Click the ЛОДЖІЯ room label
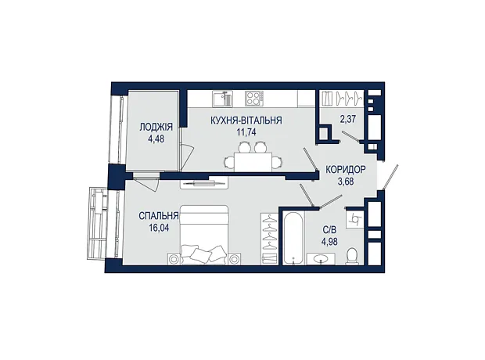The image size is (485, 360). click(x=156, y=127)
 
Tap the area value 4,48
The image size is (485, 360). click(x=156, y=139)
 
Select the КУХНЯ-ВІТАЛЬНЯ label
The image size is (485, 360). click(x=246, y=120)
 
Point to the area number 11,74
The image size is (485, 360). click(x=246, y=132)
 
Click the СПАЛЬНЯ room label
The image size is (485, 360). click(x=159, y=216)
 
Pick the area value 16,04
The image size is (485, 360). click(x=159, y=229)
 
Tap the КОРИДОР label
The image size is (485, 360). click(x=346, y=169)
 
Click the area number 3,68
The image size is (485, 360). click(x=346, y=182)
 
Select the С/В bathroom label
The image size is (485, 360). click(x=329, y=230)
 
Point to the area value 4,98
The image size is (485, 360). click(x=329, y=242)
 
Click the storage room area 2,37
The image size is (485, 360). click(x=348, y=119)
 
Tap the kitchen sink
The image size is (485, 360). click(x=222, y=99)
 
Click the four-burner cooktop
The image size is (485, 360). click(x=254, y=99)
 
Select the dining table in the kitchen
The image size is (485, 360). click(x=253, y=161)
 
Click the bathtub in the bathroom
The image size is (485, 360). click(x=293, y=238)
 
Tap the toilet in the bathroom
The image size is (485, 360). click(x=352, y=257)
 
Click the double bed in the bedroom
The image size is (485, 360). click(x=204, y=235)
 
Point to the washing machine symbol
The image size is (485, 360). click(x=354, y=220)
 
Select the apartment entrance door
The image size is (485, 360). click(x=390, y=177)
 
